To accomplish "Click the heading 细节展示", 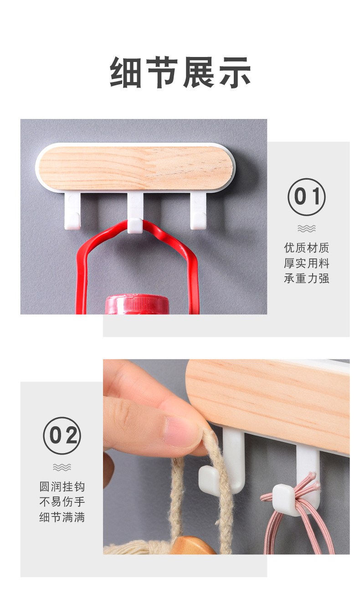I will pos(180,72).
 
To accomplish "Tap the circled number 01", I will pos(306,197).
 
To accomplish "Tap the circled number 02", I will pos(62,436).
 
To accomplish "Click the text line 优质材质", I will pos(306,248).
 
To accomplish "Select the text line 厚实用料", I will pos(306,263).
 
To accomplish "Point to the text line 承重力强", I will pos(306,279).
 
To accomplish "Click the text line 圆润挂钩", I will pos(62,486).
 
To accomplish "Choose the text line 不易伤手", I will pos(62,502).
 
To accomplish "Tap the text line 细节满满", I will pos(62,517).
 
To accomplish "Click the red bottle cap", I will pos(137,304).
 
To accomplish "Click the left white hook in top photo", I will pos(72,211).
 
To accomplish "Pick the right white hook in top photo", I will pos(198,211).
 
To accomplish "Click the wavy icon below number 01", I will pos(306,228).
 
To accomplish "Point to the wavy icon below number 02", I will pos(62,467).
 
